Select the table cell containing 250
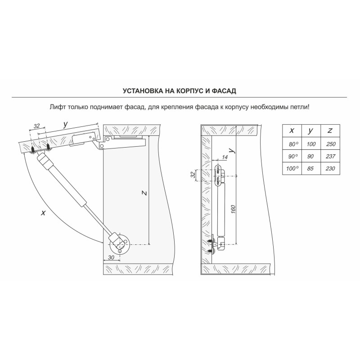coord(330,144)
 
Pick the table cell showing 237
coord(330,156)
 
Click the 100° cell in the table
coord(292,168)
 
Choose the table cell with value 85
coord(311,168)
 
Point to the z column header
coord(330,131)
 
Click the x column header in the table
coord(292,131)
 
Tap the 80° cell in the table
coord(292,144)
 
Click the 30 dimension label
coord(111,257)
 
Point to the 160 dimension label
coord(233,209)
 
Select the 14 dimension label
coord(225,157)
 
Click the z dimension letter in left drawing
coord(144,193)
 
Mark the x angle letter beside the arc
coord(43,213)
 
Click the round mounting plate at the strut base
coord(119,244)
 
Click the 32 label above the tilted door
coord(37,126)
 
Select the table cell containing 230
coord(330,168)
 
